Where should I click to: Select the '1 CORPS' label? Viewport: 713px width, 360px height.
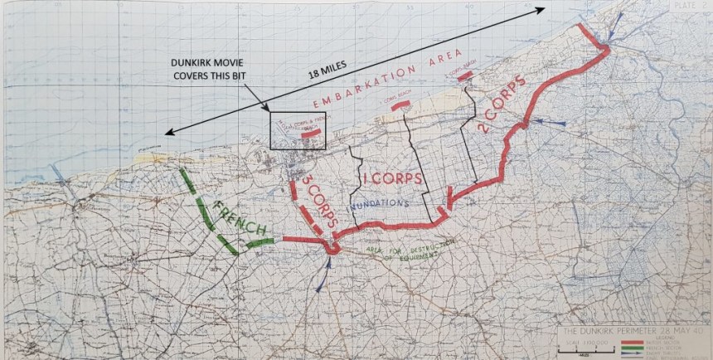coord(392,179)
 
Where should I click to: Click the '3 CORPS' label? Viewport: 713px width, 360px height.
coord(319,202)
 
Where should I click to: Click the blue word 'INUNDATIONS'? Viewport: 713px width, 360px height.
coord(381,203)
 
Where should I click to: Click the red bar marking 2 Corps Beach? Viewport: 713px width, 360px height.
coord(465,75)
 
